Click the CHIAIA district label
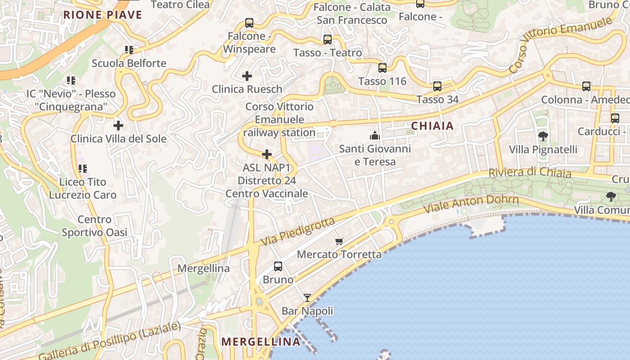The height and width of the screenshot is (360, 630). point(432,126)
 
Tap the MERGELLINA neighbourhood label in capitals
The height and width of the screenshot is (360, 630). point(261,342)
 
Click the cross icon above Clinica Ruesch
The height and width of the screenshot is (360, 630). point(247,76)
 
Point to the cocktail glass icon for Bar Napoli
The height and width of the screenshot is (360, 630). point(307,297)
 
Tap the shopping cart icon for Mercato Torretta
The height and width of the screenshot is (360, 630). point(339,241)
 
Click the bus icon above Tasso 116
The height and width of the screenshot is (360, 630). point(382,68)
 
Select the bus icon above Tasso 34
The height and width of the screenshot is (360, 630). point(437,86)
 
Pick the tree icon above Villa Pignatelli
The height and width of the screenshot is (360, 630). point(543,136)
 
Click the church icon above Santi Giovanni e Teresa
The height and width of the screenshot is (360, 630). point(375,135)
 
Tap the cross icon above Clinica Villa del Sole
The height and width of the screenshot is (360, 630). point(118,126)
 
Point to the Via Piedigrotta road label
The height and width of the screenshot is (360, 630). point(297,232)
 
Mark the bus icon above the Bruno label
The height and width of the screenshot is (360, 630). point(278,266)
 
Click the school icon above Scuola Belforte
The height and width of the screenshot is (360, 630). point(129,50)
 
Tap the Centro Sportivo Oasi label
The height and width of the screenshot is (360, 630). point(94,226)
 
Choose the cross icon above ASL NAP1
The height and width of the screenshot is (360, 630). point(267,155)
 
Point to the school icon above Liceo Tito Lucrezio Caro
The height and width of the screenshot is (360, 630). point(82,169)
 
